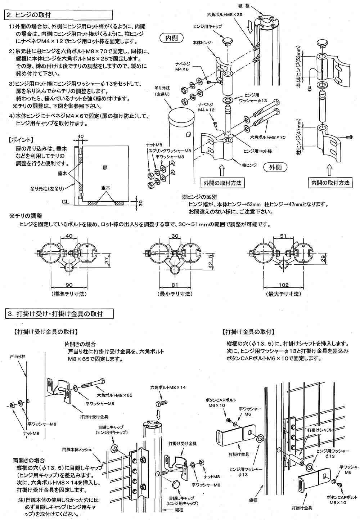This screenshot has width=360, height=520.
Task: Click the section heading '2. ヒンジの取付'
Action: (x=29, y=15)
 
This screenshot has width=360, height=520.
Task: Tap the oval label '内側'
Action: (x=172, y=37)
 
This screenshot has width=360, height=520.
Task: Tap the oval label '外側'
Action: (x=277, y=167)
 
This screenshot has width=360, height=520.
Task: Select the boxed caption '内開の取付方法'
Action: (x=330, y=183)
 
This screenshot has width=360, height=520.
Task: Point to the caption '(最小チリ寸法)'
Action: (x=175, y=294)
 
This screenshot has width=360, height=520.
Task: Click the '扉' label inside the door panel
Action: (x=104, y=168)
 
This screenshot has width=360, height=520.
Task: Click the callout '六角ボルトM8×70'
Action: (x=267, y=137)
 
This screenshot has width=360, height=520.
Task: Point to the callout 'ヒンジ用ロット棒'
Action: (x=257, y=151)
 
